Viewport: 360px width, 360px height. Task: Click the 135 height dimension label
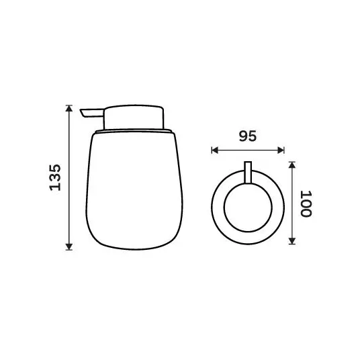point(55,177)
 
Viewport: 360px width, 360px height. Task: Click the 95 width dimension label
point(248,136)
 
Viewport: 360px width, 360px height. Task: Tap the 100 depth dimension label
point(306,204)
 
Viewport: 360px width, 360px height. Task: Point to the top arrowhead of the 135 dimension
point(69,108)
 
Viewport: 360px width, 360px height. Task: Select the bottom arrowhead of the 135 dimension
point(69,246)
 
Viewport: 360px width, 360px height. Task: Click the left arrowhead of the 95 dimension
point(215,150)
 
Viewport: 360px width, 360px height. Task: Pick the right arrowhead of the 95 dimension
point(281,150)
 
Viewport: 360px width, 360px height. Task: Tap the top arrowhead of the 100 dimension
point(291,165)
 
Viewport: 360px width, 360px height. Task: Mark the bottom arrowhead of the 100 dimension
point(291,241)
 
